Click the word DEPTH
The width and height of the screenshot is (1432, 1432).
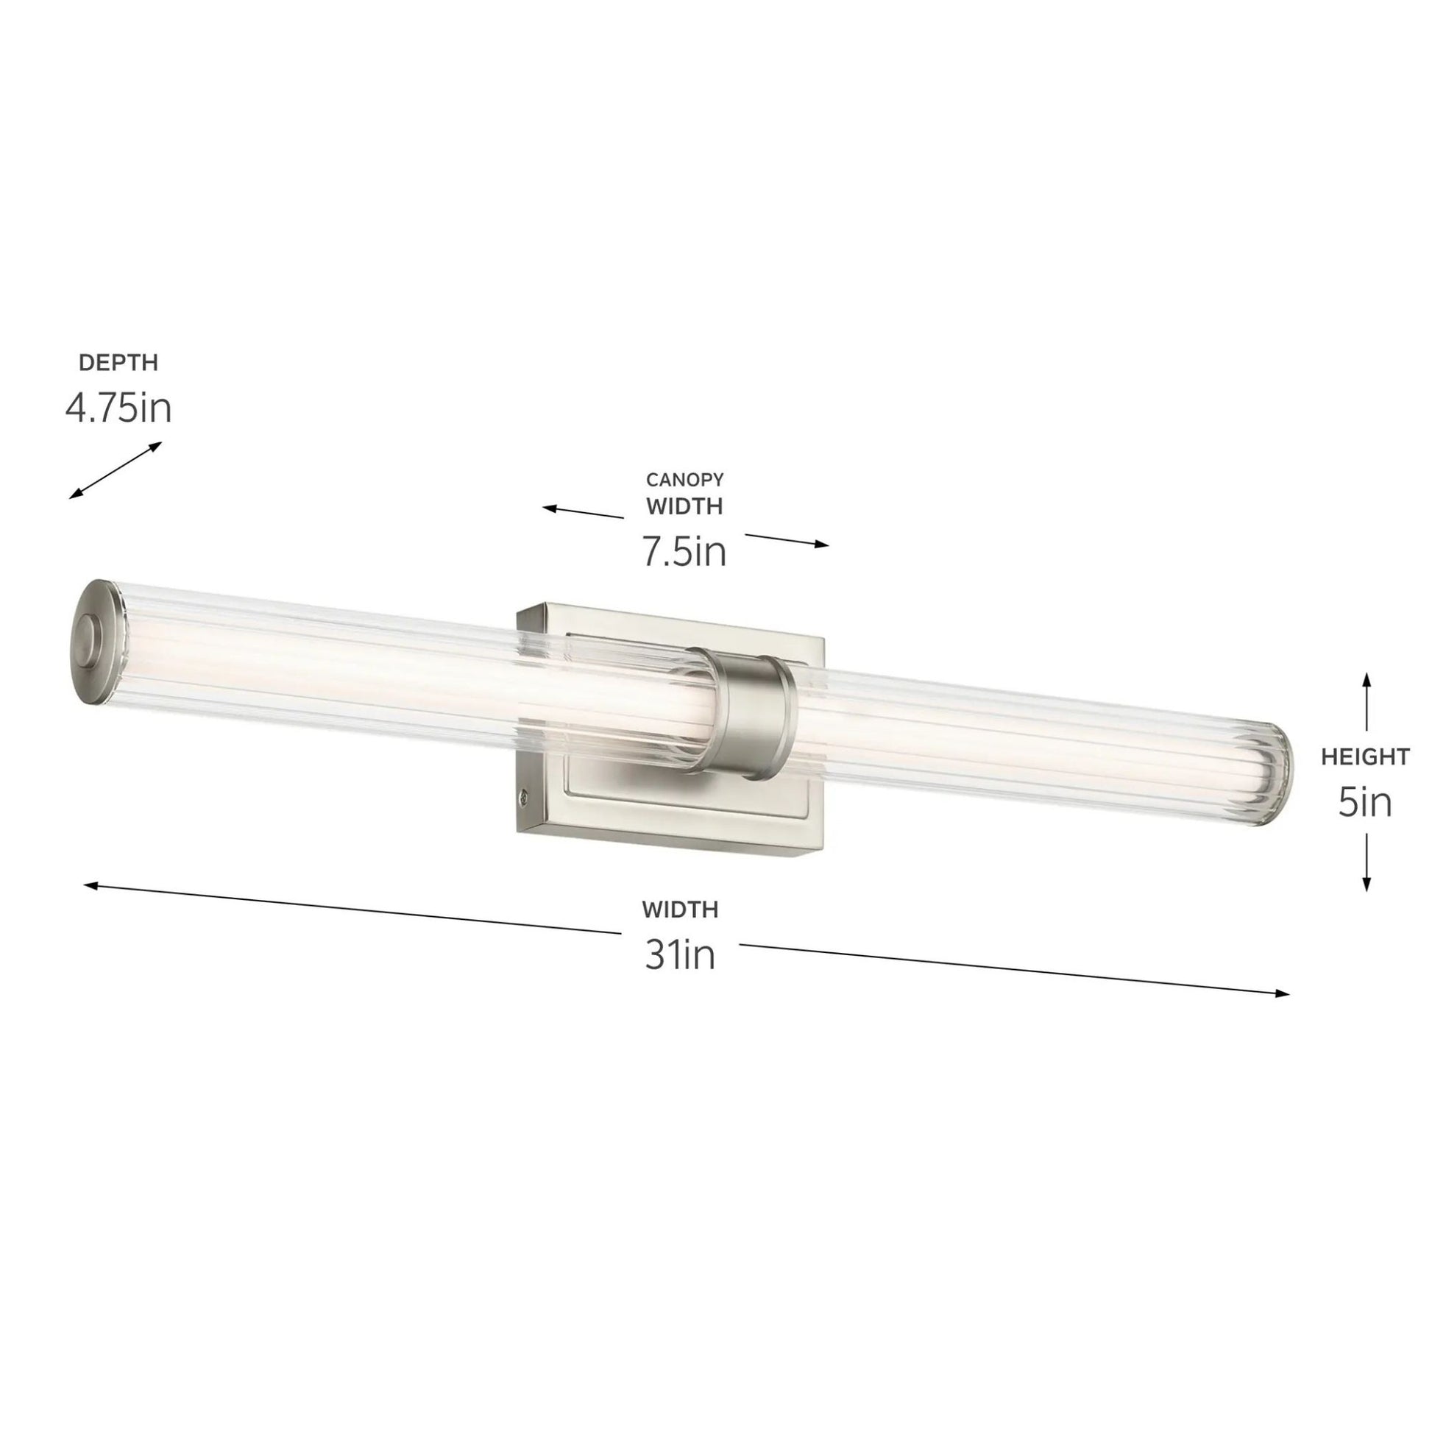coord(118,364)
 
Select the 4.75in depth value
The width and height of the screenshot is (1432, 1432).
coord(118,408)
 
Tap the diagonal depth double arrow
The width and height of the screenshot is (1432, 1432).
coord(115,470)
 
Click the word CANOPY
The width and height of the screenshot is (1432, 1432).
coord(684,481)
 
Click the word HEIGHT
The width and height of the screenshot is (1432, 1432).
coord(1365,756)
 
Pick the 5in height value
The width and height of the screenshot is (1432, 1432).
coord(1365,803)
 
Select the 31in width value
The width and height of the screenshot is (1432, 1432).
coord(680,955)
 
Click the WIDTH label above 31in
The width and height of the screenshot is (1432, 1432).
coord(680,909)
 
